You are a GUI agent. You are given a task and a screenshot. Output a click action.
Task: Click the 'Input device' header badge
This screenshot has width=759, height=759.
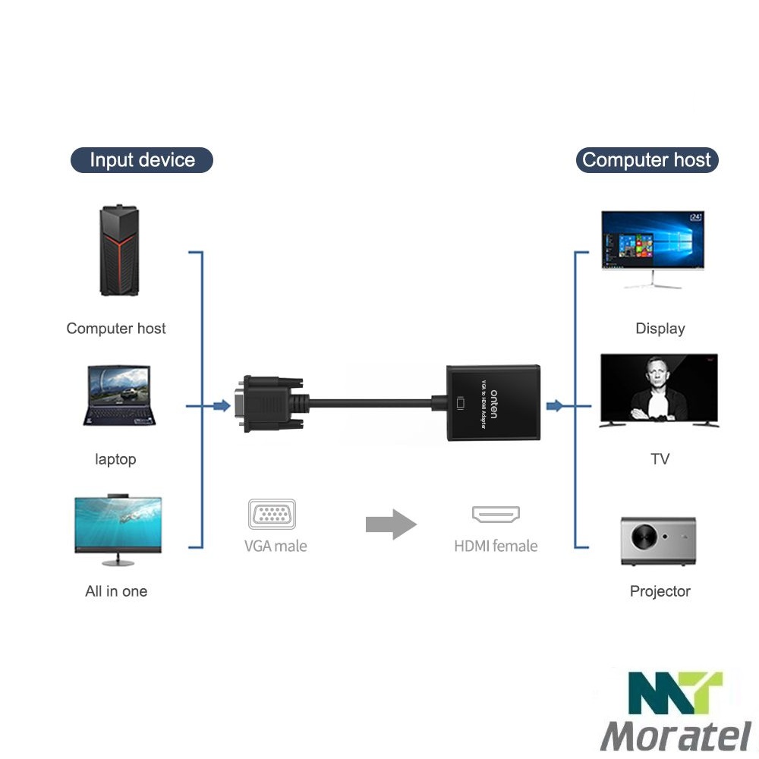tap(142, 160)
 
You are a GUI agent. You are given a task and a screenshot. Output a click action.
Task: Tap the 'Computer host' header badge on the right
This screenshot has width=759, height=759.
tap(646, 160)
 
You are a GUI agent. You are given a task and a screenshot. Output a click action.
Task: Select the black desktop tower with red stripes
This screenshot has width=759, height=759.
tap(119, 251)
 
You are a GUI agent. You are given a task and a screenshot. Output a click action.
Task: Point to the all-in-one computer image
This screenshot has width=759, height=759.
tap(118, 529)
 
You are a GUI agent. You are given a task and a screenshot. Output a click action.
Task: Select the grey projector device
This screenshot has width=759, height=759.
tap(658, 540)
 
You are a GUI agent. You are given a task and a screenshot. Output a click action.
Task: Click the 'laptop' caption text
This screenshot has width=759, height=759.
tap(115, 459)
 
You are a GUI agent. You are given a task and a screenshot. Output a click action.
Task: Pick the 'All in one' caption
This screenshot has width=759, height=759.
tap(116, 591)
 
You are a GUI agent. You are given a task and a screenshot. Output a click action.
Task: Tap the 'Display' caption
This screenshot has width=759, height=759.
tap(660, 329)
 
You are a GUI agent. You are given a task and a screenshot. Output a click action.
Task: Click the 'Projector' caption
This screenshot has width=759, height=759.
tap(660, 591)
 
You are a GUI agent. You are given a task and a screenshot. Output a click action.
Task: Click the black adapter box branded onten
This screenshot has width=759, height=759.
tap(493, 403)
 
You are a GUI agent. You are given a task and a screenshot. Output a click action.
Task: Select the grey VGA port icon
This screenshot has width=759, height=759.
tap(272, 514)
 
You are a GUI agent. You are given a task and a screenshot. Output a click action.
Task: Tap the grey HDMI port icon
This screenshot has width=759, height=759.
tap(496, 515)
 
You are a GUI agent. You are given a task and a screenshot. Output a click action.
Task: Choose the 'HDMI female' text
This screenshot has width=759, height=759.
tap(496, 546)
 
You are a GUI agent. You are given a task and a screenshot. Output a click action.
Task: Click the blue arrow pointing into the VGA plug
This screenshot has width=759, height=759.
tap(221, 406)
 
